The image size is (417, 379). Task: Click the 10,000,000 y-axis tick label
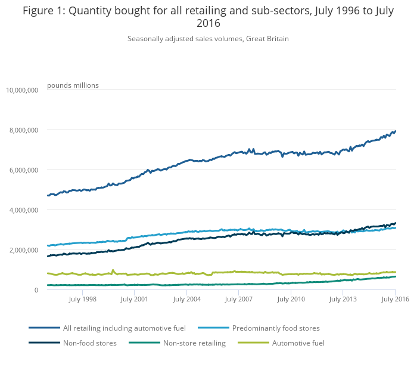click(x=22, y=90)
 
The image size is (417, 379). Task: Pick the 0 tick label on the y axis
click(x=36, y=290)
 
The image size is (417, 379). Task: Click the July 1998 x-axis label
click(x=82, y=299)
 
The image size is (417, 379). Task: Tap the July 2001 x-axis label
click(x=135, y=299)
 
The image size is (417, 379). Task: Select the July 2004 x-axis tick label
click(x=186, y=299)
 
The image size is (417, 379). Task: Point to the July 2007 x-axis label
click(x=238, y=299)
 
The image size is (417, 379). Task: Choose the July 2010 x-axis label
click(x=290, y=299)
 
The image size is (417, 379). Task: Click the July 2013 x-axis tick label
click(x=342, y=299)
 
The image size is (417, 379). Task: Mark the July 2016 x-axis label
click(x=394, y=299)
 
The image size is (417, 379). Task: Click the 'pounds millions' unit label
click(x=73, y=85)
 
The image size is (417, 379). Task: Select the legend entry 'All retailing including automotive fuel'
click(x=125, y=328)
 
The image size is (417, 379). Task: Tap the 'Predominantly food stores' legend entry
click(x=276, y=328)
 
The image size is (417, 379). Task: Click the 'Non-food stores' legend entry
click(x=89, y=343)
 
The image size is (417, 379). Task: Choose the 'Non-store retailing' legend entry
click(x=194, y=343)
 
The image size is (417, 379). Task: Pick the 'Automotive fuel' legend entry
click(x=298, y=343)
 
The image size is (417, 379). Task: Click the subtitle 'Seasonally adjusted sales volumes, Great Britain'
click(x=208, y=39)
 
